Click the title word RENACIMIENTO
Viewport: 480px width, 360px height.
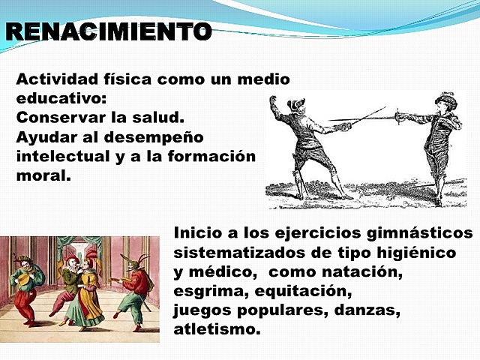108,32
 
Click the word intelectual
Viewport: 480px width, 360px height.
58,157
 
